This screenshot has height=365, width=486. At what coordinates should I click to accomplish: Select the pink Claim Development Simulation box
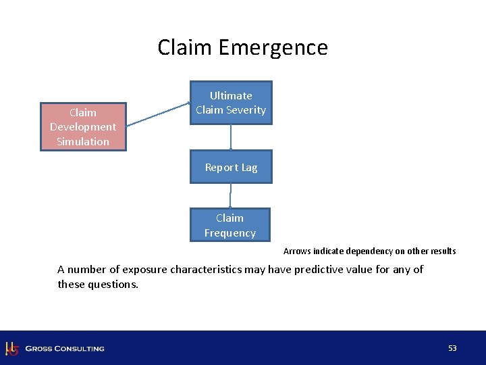click(83, 126)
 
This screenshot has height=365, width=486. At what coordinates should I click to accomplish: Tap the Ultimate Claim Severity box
click(230, 103)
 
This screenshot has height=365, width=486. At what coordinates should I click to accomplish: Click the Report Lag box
click(230, 167)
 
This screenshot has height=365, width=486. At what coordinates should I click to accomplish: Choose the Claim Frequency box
click(230, 225)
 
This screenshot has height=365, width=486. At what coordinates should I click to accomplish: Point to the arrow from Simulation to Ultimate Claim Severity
click(158, 114)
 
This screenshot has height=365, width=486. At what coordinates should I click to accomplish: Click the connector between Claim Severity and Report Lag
click(231, 137)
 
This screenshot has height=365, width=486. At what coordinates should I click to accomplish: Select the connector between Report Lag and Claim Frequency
click(230, 195)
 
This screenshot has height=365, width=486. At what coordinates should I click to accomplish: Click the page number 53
click(452, 348)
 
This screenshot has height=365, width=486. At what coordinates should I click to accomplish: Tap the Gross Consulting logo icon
click(11, 348)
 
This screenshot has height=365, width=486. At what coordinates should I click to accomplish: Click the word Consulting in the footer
click(79, 349)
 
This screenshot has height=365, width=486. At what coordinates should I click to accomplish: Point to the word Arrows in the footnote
click(297, 251)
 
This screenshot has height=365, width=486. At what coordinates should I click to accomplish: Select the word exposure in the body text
click(144, 270)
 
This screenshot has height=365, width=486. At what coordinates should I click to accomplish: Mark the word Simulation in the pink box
click(83, 141)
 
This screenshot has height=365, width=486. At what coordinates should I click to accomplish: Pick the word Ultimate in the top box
click(230, 95)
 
